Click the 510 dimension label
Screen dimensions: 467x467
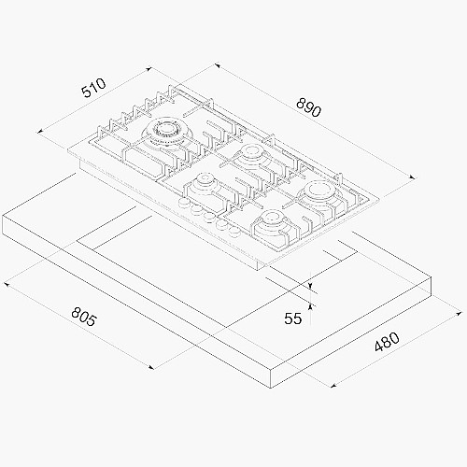coord(94,88)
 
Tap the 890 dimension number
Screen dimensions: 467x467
coord(308,107)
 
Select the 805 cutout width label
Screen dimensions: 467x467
coord(84,317)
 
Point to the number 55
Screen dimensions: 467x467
coord(293,318)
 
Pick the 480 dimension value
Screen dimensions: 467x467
coord(387,343)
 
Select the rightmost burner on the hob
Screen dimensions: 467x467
coord(319,193)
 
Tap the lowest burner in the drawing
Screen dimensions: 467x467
coord(272,222)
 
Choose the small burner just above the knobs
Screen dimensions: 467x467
coord(204,184)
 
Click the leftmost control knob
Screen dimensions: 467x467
coord(184,203)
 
